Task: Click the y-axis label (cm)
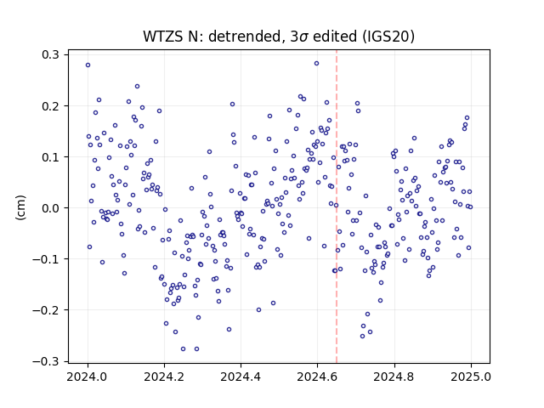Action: point(20,207)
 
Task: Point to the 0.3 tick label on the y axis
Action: point(50,54)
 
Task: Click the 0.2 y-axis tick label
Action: point(50,105)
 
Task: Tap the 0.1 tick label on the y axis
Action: point(50,156)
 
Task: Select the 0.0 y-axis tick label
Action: point(50,208)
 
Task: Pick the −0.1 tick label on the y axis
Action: point(46,259)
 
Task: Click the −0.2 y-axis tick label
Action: point(46,310)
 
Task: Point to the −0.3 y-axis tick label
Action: point(46,361)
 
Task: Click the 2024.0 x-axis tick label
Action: point(88,377)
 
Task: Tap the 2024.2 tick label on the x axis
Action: point(164,377)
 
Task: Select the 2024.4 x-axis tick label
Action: point(241,377)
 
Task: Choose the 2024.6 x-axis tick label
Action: point(317,377)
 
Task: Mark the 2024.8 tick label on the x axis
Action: point(394,377)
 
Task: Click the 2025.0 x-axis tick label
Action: point(471,377)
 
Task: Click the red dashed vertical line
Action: point(337,207)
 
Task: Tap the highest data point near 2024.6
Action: point(316,64)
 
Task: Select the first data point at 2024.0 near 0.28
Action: point(88,65)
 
